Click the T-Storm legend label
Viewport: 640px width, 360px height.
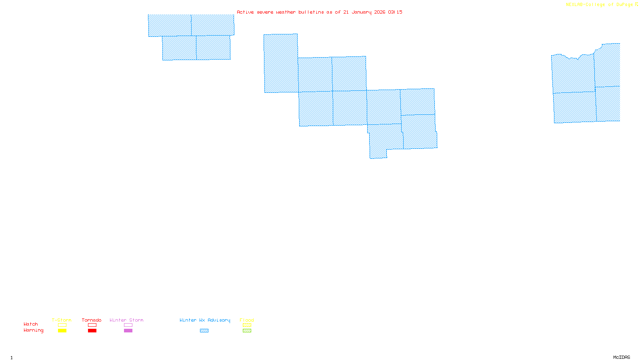[62, 320]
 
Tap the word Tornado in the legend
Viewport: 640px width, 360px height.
[92, 320]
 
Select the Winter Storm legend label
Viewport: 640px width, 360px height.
[126, 320]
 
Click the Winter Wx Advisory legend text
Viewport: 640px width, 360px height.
[205, 320]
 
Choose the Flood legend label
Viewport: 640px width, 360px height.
[247, 320]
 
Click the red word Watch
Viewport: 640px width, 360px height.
[31, 324]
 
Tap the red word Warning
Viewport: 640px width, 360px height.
[34, 330]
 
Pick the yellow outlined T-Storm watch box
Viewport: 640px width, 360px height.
[62, 325]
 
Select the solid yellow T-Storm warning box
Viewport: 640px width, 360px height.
[62, 331]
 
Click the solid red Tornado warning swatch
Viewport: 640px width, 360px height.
[92, 331]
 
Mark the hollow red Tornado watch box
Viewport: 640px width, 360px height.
[92, 325]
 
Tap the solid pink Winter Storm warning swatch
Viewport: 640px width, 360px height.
[128, 331]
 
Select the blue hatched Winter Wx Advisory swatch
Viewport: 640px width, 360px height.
[204, 331]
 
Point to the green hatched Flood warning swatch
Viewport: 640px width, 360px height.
[247, 331]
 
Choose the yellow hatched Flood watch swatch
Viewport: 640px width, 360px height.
[247, 325]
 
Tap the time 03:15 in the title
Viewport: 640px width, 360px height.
[395, 12]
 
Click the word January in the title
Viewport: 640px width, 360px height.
[362, 12]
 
